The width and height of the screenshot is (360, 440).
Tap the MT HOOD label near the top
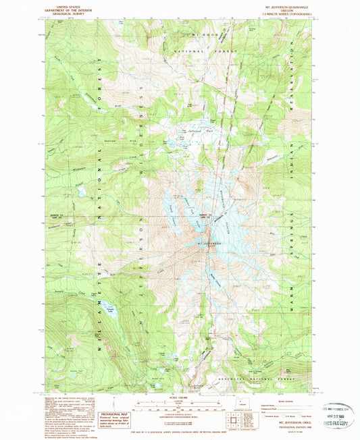199,34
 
